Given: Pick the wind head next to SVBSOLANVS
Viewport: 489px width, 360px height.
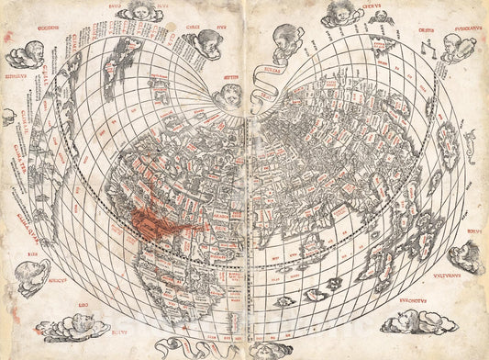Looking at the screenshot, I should [x=459, y=47].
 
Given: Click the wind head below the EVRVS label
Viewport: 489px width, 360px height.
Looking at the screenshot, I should [x=468, y=256].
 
